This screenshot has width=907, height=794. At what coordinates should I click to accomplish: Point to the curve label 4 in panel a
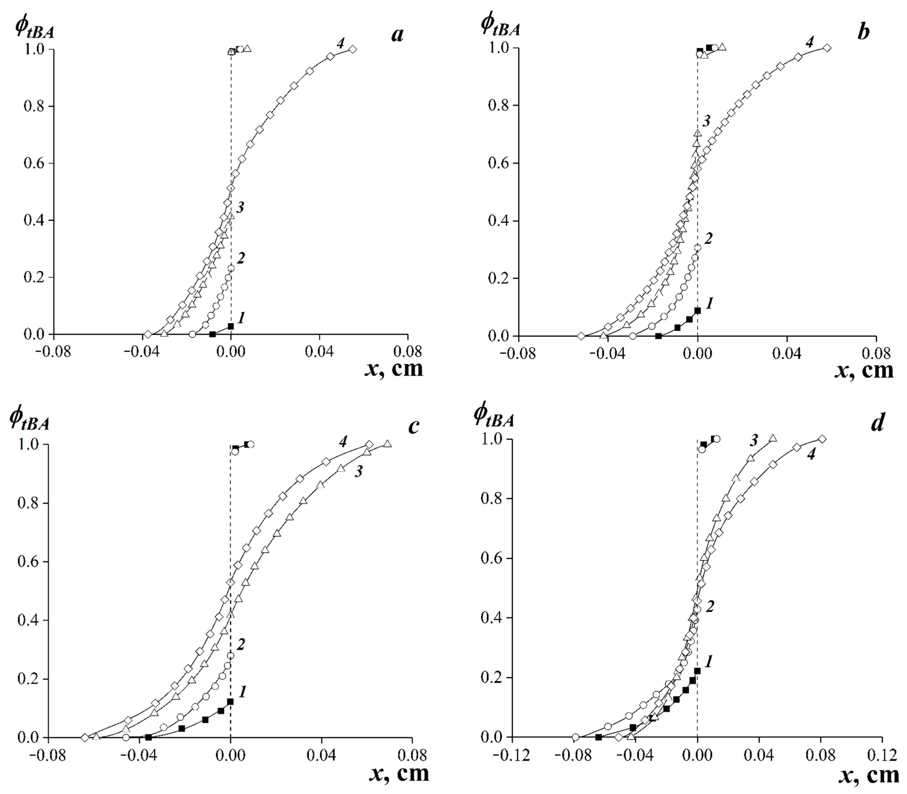[340, 43]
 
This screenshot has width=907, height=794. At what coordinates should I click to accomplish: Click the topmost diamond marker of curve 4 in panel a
[352, 49]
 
